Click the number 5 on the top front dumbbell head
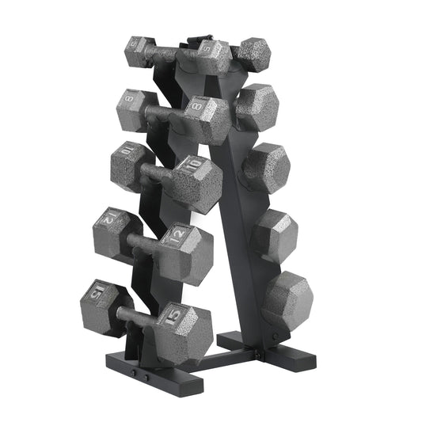click(x=207, y=50)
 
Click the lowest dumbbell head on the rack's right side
click(x=287, y=298)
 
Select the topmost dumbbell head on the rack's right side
click(x=253, y=52)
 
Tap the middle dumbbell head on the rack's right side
click(x=267, y=168)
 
